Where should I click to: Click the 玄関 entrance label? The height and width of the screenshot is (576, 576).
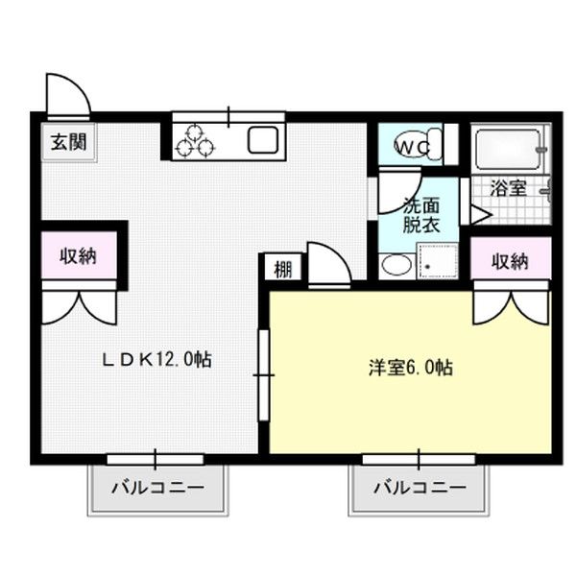tap(69, 142)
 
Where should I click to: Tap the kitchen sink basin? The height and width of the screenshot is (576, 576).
tap(263, 140)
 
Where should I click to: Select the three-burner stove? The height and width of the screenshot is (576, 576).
tap(194, 141)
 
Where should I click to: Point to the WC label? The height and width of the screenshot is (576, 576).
tap(412, 148)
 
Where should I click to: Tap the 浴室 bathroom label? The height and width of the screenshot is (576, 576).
tap(509, 188)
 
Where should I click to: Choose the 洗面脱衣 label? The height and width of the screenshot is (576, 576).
tap(421, 215)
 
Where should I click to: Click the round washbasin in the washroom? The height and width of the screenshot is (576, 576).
tap(396, 265)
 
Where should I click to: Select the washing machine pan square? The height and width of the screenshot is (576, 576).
tap(437, 261)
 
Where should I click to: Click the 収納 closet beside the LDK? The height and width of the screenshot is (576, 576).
tap(79, 255)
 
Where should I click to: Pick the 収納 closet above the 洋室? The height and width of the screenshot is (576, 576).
tap(511, 261)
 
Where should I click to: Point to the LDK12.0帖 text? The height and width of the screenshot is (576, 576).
tap(156, 359)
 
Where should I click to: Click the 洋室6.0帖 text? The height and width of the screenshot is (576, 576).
tap(410, 368)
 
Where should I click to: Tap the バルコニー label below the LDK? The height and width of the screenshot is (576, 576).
tap(157, 488)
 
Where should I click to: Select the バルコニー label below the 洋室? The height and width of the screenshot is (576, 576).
tap(420, 488)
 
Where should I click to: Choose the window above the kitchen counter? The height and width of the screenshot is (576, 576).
tap(228, 117)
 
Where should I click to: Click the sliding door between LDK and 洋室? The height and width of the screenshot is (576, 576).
tap(264, 375)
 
